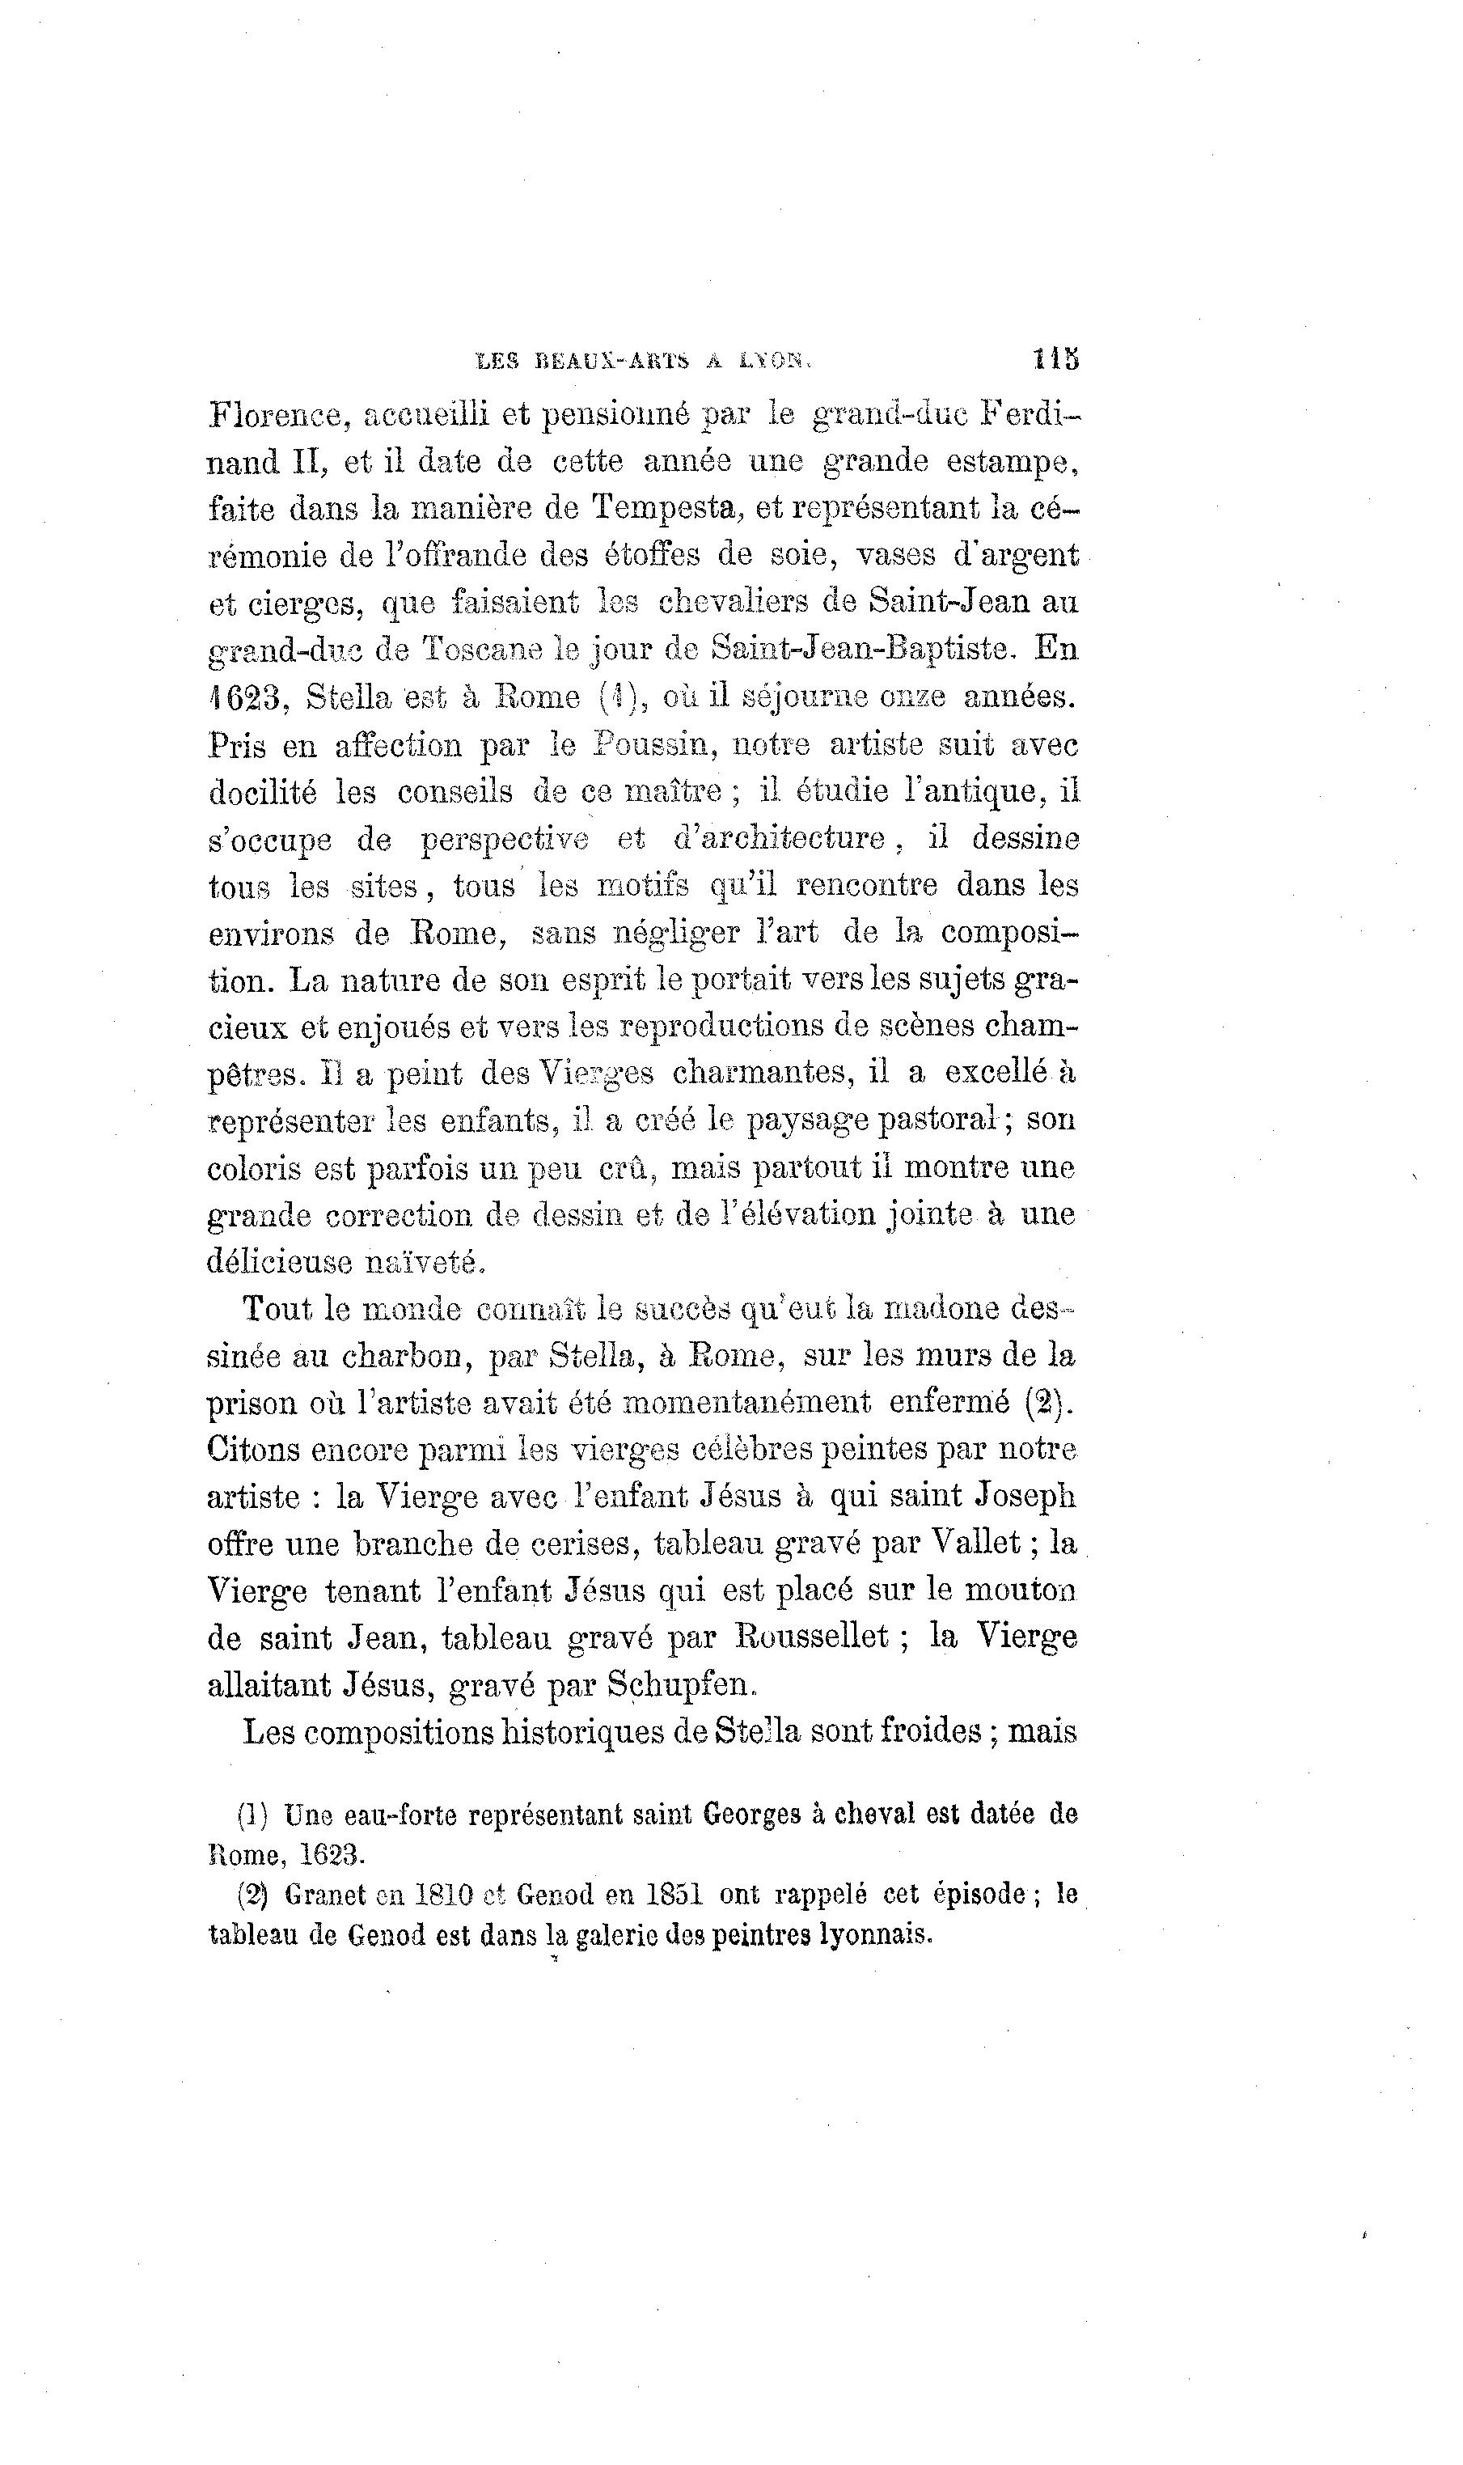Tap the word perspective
pyautogui.click(x=504, y=840)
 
